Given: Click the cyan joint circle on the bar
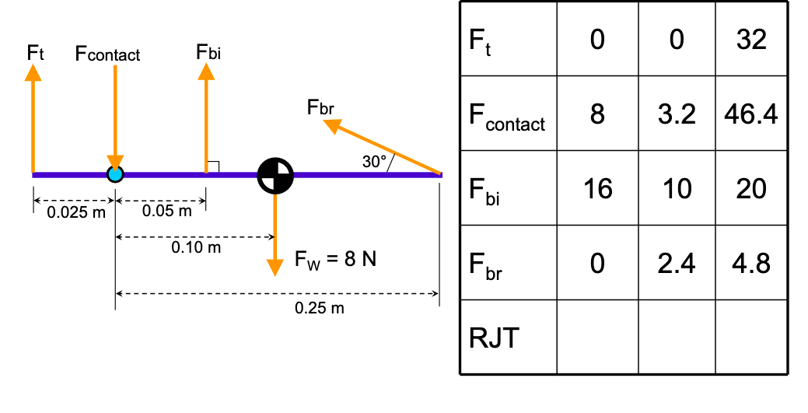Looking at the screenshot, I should tap(115, 173).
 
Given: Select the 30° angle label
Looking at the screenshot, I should tap(375, 162).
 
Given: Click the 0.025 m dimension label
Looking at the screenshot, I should tap(75, 212).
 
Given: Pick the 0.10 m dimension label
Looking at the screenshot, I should tap(196, 248).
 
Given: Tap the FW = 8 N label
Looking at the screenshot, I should tap(335, 260).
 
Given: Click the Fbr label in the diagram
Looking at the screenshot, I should tap(320, 107).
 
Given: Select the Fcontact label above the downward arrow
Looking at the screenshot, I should tap(107, 54).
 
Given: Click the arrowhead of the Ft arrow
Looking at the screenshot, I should tap(33, 72).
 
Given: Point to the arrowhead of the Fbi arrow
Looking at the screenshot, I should tap(206, 72).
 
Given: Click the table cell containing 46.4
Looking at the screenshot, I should tap(751, 114).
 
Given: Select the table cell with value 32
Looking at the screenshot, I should tap(751, 39).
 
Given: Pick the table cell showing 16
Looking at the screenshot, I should tap(597, 188).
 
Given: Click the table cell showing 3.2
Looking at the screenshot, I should tap(677, 114).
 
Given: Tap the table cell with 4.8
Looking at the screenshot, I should tap(751, 263).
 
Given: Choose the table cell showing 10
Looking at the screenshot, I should tap(677, 188).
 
